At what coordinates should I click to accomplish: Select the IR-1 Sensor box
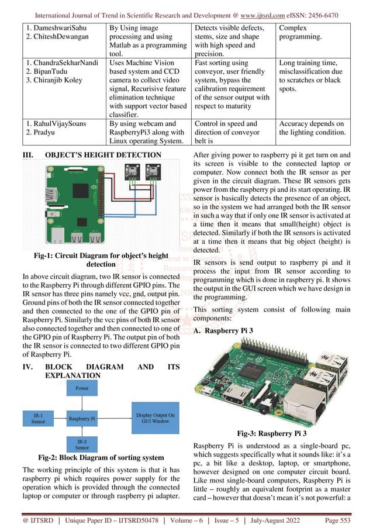39,418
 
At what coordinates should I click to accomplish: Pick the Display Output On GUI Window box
156,417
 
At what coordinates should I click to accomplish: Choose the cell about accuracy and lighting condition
312,128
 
